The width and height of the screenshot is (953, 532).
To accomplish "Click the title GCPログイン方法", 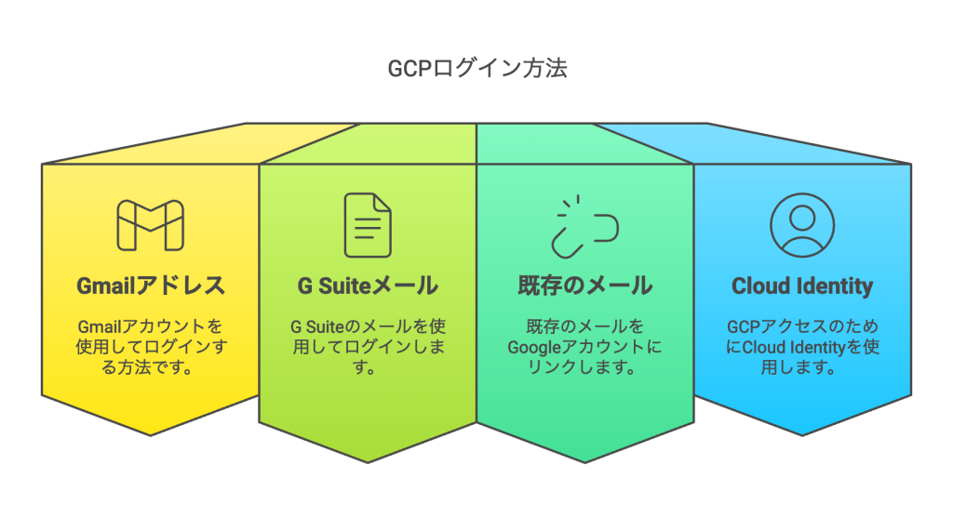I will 476,69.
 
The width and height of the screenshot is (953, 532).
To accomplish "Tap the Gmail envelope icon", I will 150,226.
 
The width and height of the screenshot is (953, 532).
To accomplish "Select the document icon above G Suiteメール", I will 368,225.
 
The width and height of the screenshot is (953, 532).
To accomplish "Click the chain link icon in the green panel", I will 584,226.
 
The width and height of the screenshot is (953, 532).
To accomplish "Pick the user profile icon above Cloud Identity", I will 802,225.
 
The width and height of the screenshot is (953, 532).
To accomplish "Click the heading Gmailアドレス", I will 151,285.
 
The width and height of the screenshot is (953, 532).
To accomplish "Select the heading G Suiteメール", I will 368,285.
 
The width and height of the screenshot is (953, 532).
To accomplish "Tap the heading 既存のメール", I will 584,285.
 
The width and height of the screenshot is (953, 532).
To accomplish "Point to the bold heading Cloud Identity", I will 802,285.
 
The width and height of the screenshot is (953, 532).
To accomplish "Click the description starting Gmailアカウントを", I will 151,347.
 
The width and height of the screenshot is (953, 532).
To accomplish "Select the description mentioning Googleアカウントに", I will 584,347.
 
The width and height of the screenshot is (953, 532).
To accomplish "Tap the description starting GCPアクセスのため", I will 802,347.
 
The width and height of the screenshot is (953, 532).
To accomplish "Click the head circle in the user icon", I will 802,216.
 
